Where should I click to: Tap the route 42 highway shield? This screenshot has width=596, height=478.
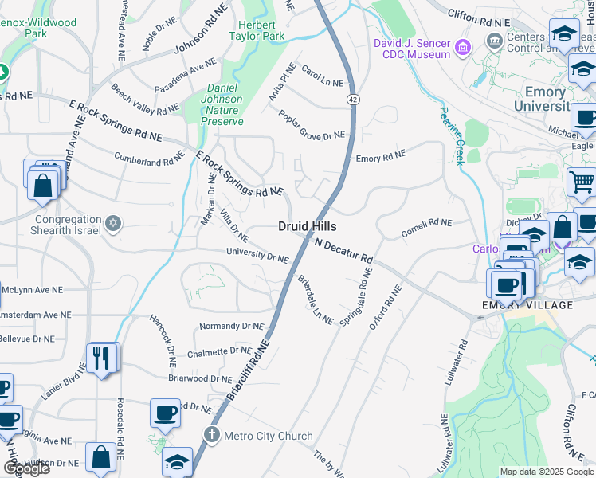pos(351,99)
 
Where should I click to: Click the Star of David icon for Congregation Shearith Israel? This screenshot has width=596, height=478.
pos(113,222)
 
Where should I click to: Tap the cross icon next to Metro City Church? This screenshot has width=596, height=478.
pos(211,435)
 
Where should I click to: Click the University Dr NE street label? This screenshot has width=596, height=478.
pos(257,257)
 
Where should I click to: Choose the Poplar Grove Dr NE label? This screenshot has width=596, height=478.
pos(312,125)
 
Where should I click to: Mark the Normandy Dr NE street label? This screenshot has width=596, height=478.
pos(231,326)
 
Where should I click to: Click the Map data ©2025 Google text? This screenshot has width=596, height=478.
pos(547,472)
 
